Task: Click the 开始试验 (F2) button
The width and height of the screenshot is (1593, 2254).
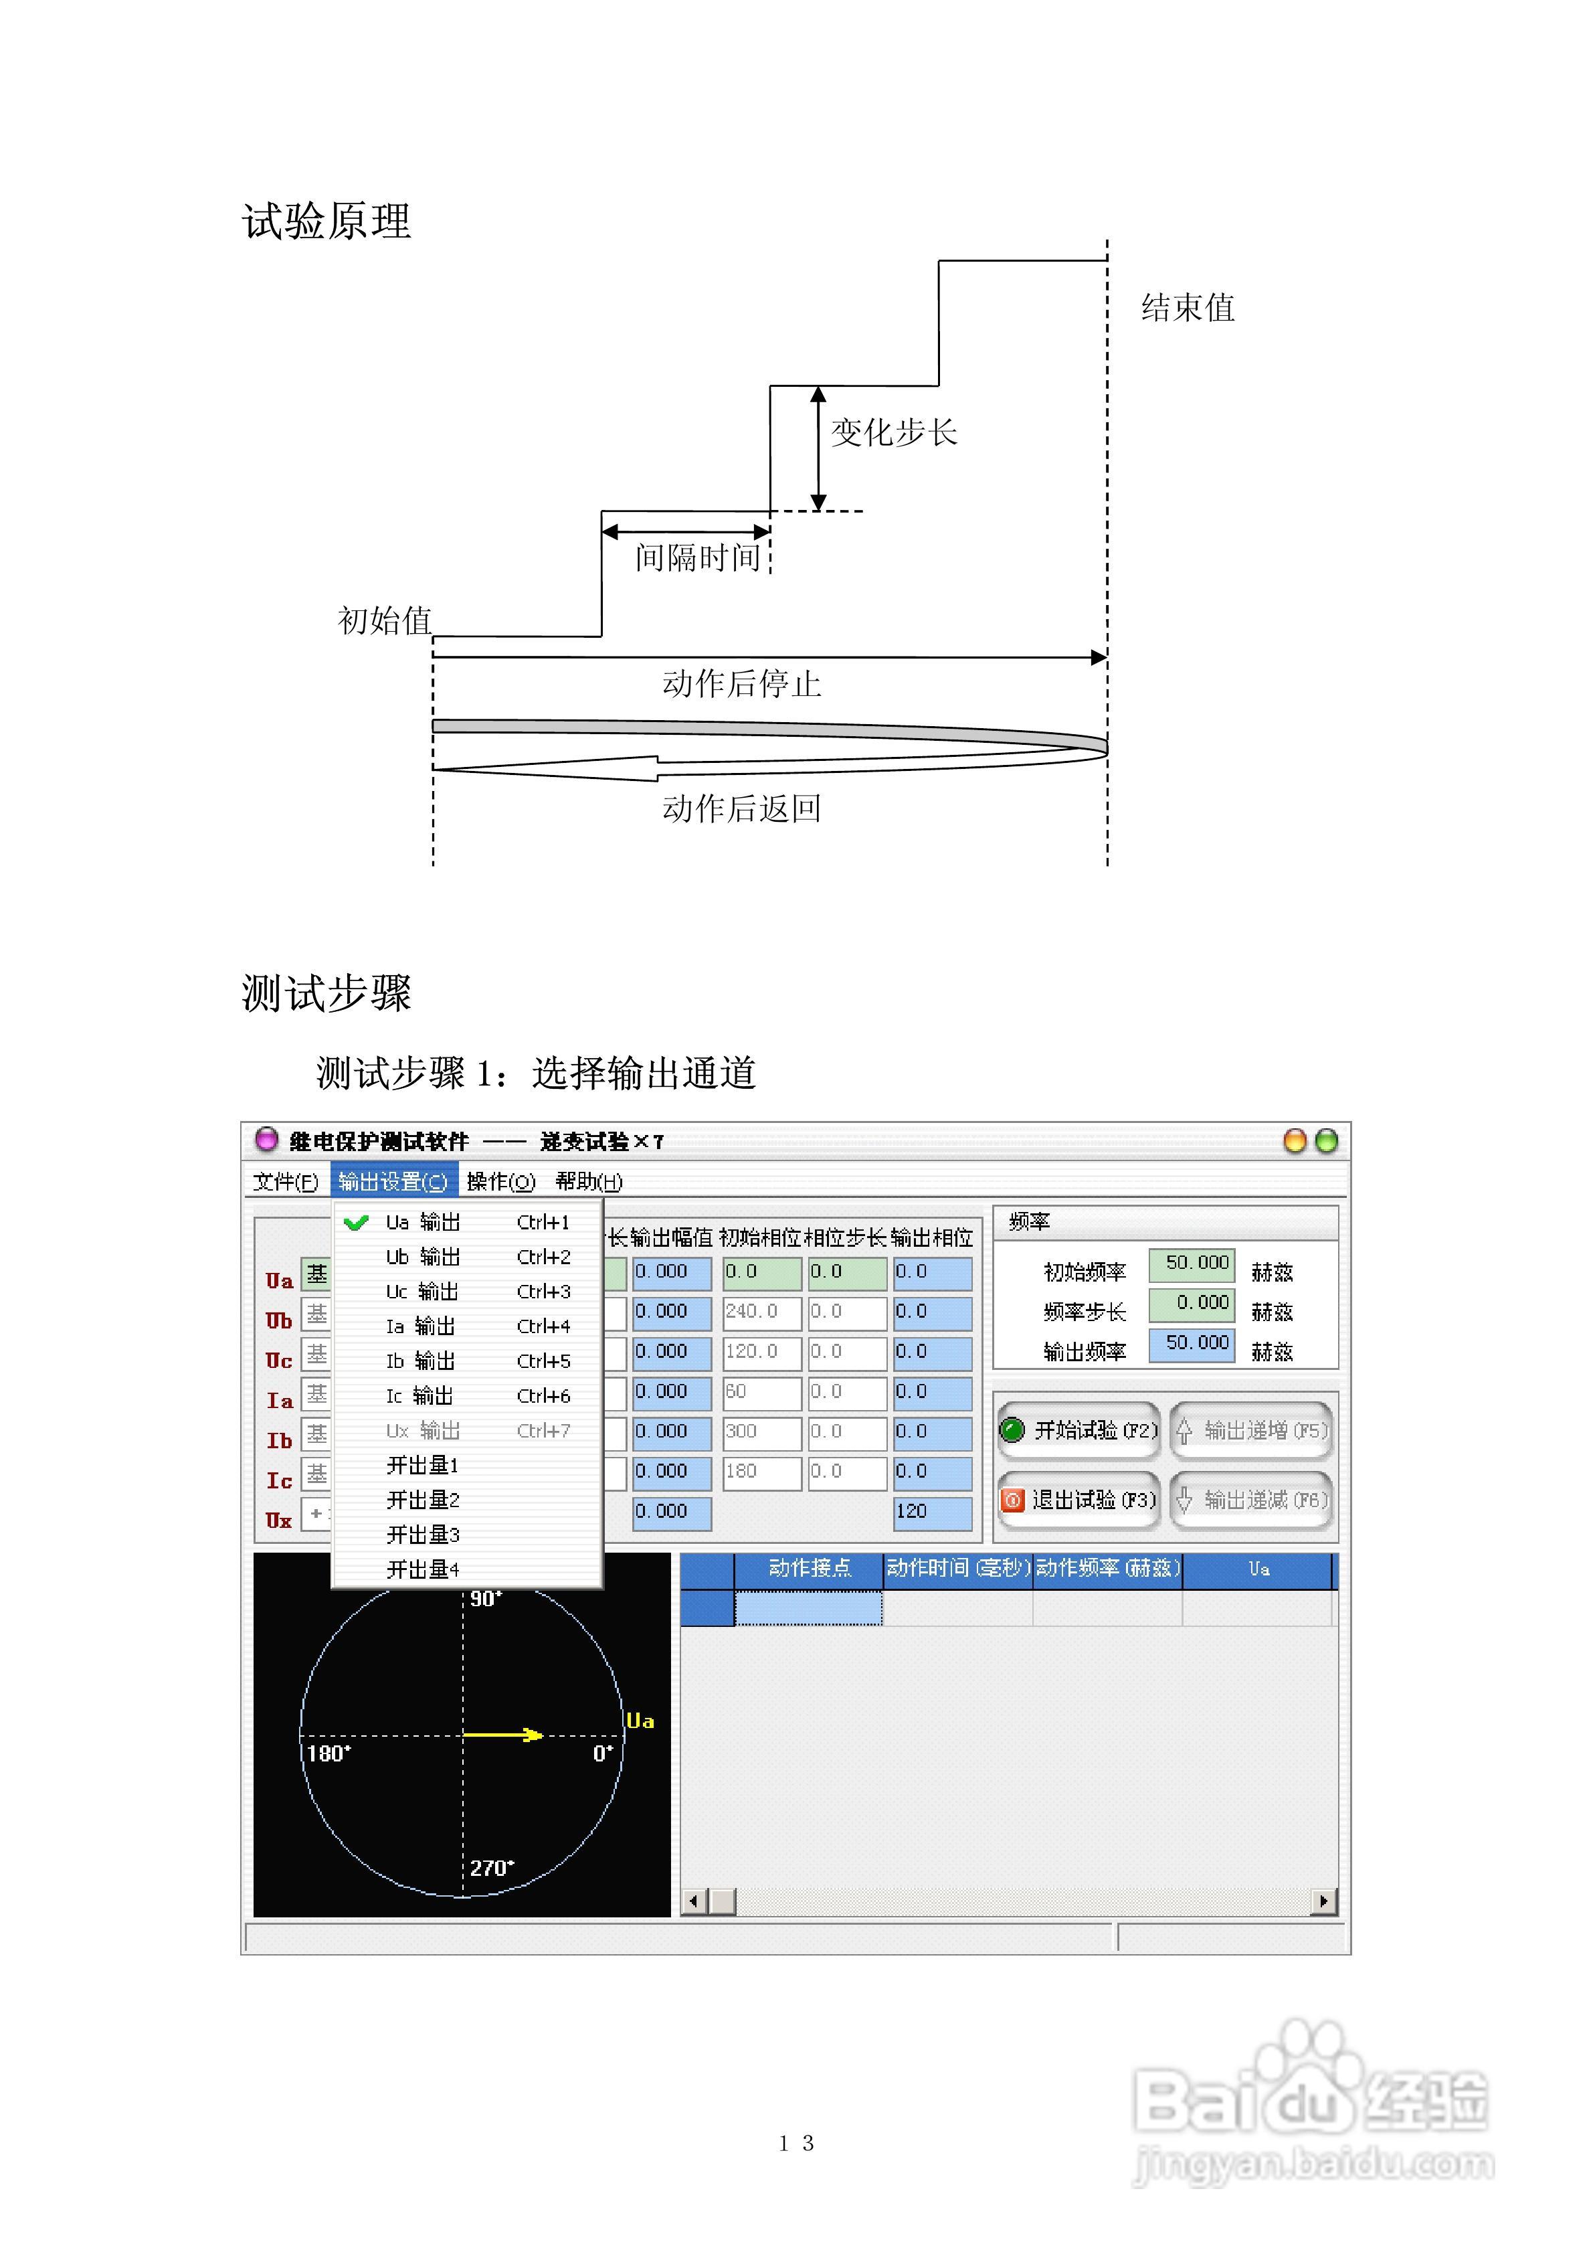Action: [x=1079, y=1430]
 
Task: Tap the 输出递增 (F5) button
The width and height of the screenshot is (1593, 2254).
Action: [x=1251, y=1430]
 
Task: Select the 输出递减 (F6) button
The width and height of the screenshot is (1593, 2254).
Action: [x=1251, y=1500]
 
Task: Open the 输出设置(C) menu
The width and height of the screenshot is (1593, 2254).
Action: [x=393, y=1181]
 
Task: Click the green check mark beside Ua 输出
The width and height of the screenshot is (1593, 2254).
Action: [x=357, y=1222]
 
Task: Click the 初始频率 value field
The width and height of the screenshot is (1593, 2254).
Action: [x=1192, y=1264]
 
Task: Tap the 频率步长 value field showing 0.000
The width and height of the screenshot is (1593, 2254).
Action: [x=1192, y=1304]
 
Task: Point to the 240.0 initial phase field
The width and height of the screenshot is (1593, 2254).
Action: [x=761, y=1312]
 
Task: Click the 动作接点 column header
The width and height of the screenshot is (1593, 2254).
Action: [x=809, y=1569]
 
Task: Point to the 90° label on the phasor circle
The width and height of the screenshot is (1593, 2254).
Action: [x=486, y=1598]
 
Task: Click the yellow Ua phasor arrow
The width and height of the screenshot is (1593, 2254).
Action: [x=502, y=1735]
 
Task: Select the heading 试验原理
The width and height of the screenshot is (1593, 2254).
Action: [x=327, y=221]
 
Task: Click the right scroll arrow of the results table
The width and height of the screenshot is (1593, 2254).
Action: [x=1323, y=1901]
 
